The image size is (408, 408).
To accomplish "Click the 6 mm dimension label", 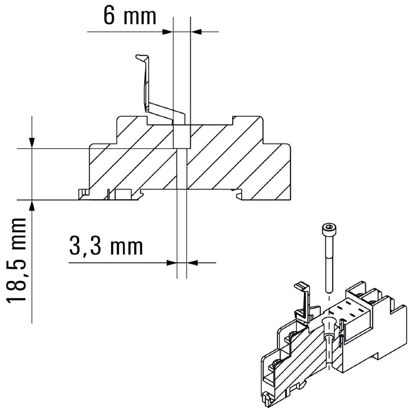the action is [130, 16].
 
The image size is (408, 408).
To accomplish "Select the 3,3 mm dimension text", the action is [106, 247].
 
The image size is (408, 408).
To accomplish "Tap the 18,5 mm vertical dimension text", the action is [17, 261].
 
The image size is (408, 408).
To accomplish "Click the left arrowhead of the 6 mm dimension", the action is [168, 32].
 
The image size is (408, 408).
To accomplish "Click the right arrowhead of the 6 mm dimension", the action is [196, 32].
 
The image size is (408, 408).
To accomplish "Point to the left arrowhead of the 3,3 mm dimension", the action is [172, 263].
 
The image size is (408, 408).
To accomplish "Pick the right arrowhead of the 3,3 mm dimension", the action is [192, 263].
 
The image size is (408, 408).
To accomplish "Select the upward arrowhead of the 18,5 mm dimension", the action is [32, 206].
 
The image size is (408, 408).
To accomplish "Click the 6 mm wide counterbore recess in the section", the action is [182, 137].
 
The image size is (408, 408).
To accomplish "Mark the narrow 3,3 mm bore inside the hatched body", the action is [182, 169].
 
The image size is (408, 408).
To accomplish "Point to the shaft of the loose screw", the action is [329, 262].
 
